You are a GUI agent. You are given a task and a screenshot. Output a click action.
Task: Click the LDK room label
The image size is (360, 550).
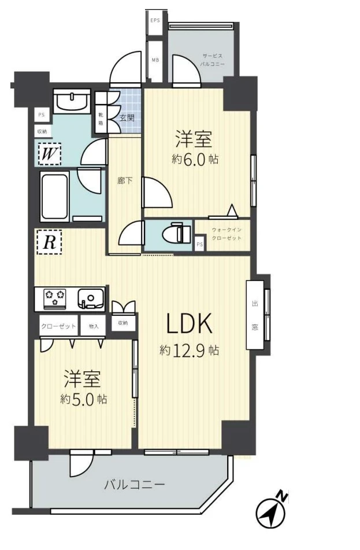tap(189, 323)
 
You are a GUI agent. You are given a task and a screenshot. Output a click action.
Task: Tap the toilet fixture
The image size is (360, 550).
tap(180, 233)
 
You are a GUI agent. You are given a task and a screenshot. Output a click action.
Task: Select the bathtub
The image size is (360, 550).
tap(55, 196)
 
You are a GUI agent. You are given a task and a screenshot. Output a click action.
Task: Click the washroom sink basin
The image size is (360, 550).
tap(72, 101)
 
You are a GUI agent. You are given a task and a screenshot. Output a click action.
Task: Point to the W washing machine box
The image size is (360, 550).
tap(50, 154)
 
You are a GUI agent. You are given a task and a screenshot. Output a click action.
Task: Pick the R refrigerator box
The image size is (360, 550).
tap(49, 242)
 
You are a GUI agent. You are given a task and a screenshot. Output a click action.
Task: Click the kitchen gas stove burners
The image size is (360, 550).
tap(55, 298)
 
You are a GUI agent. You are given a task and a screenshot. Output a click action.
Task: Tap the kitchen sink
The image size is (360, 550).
tap(91, 298)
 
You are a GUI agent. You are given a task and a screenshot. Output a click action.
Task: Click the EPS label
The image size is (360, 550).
tap(155, 20)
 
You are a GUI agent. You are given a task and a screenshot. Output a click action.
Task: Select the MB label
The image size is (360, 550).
tap(155, 60)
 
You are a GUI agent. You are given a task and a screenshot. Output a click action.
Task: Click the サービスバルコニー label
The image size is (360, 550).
tap(213, 60)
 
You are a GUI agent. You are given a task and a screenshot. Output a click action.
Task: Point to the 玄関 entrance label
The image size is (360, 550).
tap(127, 118)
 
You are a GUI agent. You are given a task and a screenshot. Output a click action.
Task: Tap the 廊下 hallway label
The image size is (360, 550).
tap(125, 181)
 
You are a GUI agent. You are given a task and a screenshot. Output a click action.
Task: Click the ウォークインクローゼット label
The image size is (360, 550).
tap(227, 234)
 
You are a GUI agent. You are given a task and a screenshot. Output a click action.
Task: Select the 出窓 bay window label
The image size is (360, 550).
tap(255, 315)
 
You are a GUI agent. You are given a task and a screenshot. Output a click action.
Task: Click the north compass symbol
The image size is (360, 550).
tap(272, 511)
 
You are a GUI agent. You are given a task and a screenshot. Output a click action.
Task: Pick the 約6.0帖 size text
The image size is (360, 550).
tap(195, 160)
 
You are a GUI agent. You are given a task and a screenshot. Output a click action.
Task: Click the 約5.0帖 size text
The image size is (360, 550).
tap(83, 399)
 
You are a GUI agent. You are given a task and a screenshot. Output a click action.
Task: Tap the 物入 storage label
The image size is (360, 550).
tap(94, 326)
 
